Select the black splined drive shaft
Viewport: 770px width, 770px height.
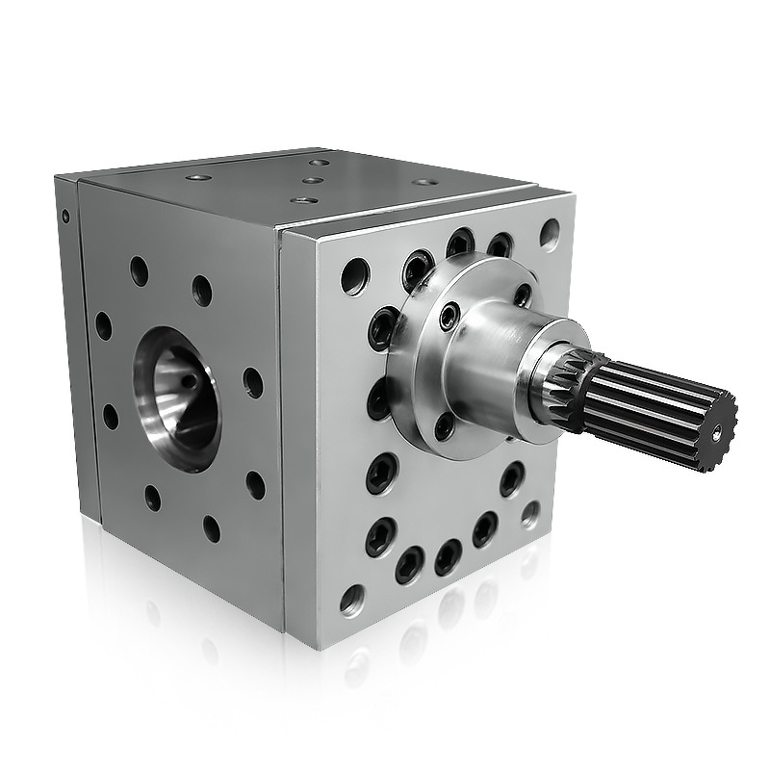pyautogui.click(x=654, y=410)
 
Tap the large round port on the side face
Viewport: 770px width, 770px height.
pyautogui.click(x=177, y=398)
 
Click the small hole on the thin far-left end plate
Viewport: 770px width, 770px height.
pyautogui.click(x=65, y=217)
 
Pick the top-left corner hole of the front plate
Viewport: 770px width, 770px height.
pyautogui.click(x=354, y=275)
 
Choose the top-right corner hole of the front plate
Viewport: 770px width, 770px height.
pyautogui.click(x=550, y=233)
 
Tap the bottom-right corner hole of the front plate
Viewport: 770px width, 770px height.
pyautogui.click(x=530, y=513)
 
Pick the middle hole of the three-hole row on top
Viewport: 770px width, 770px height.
pyautogui.click(x=312, y=180)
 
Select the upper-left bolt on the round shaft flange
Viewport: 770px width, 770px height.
pyautogui.click(x=449, y=315)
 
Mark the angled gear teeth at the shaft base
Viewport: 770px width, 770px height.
pyautogui.click(x=568, y=389)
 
